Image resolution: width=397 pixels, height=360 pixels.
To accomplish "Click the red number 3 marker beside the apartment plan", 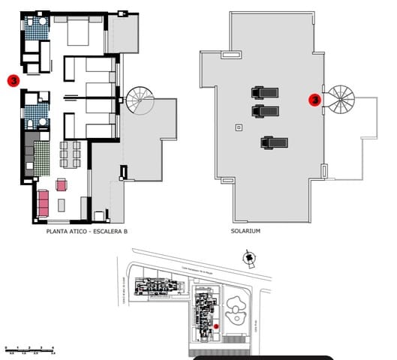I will tap(12, 79).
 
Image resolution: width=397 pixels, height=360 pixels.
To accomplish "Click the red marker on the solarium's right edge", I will tap(316, 98).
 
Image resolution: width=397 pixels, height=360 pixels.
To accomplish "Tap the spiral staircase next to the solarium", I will tap(342, 97).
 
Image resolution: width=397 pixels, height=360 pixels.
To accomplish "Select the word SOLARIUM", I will tap(245, 232).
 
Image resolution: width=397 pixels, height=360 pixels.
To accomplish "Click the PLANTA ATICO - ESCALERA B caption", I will tap(86, 232).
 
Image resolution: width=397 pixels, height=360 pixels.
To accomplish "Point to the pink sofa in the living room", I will tap(43, 201).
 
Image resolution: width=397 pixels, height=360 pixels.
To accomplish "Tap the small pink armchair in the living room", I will tap(62, 184).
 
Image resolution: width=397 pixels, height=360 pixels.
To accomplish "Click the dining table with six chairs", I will tap(70, 154).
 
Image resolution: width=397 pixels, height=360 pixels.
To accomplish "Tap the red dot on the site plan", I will tap(215, 326).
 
